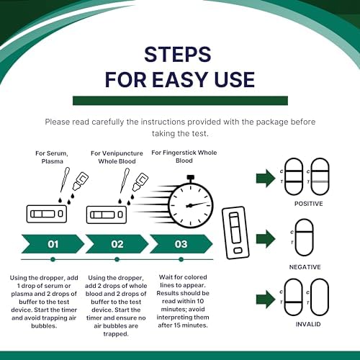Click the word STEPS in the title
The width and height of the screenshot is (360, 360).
(178, 55)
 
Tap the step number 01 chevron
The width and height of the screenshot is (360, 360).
(53, 244)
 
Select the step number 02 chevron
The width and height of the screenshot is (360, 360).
(117, 244)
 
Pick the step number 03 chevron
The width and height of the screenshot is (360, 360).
(181, 244)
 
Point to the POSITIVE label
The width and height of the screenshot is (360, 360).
(309, 204)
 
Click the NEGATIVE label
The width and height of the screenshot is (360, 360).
(305, 267)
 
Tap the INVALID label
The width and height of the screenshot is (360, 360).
(308, 324)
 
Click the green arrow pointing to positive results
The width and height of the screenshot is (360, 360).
(266, 179)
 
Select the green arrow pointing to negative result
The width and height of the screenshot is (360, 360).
(266, 239)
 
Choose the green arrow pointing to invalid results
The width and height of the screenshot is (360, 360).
(266, 300)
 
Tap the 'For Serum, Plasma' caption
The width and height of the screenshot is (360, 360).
(52, 157)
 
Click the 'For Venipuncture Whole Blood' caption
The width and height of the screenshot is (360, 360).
(117, 157)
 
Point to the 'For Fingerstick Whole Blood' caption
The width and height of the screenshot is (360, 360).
(184, 156)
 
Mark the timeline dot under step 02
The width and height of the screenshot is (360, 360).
(117, 259)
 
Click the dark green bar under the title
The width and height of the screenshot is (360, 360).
(180, 101)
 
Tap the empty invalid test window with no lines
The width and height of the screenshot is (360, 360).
(312, 297)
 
